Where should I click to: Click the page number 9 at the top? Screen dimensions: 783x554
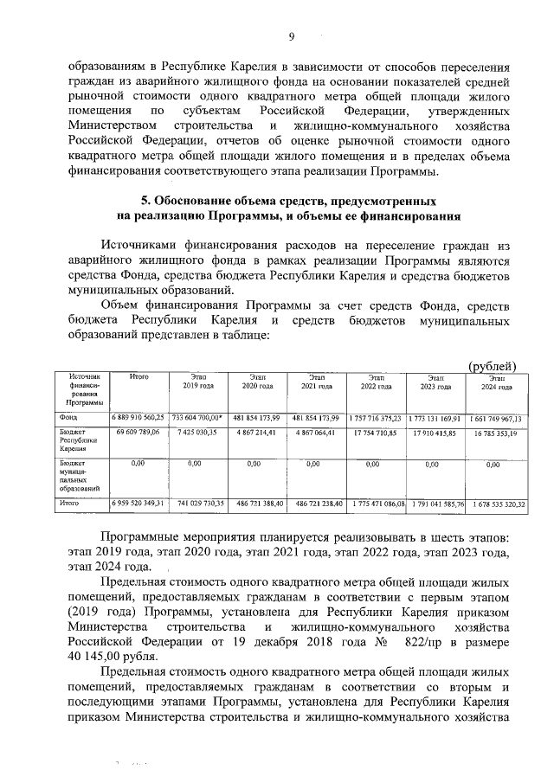(x=292, y=36)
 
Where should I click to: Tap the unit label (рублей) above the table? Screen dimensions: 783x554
(x=492, y=366)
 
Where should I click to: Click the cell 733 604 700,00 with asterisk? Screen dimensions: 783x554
(x=197, y=418)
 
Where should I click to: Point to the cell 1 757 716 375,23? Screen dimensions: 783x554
(x=377, y=418)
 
